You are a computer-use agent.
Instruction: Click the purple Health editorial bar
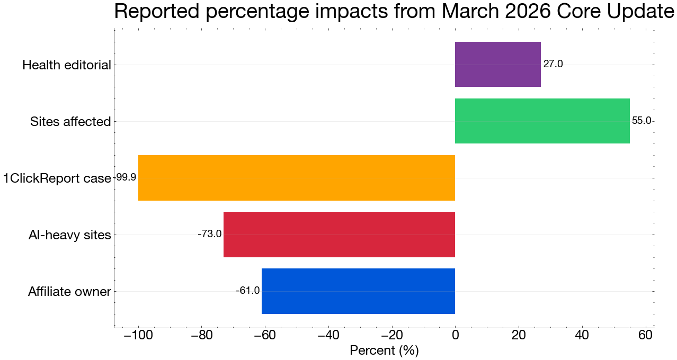497,64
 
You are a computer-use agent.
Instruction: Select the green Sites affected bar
542,121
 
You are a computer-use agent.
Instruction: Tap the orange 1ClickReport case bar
296,177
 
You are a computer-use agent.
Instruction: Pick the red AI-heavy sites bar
339,234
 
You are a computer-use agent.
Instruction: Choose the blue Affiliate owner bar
358,291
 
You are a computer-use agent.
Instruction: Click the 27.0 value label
553,65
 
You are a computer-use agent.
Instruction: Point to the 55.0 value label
642,121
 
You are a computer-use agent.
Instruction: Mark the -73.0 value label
209,234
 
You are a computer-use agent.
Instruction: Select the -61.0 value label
247,291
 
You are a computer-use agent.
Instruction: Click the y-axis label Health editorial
67,65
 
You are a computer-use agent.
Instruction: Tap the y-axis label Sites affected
70,122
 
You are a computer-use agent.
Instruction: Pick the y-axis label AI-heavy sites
69,235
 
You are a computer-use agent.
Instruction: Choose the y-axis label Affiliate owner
69,292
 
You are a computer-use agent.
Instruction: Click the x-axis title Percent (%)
384,350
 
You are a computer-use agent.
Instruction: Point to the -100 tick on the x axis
138,336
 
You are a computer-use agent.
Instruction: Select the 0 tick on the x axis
455,336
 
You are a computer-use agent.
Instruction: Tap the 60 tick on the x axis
645,336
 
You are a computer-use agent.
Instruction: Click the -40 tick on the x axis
328,336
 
